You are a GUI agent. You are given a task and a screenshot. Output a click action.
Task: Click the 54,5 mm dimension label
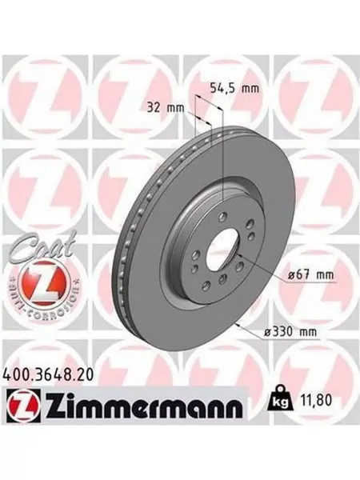234,88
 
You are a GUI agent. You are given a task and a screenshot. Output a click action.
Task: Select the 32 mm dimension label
166,108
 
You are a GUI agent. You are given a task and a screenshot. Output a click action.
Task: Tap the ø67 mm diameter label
310,275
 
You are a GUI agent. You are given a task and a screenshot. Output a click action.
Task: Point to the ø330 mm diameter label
290,331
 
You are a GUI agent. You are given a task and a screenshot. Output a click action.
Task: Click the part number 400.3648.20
47,375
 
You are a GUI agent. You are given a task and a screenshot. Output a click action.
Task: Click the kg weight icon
279,399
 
